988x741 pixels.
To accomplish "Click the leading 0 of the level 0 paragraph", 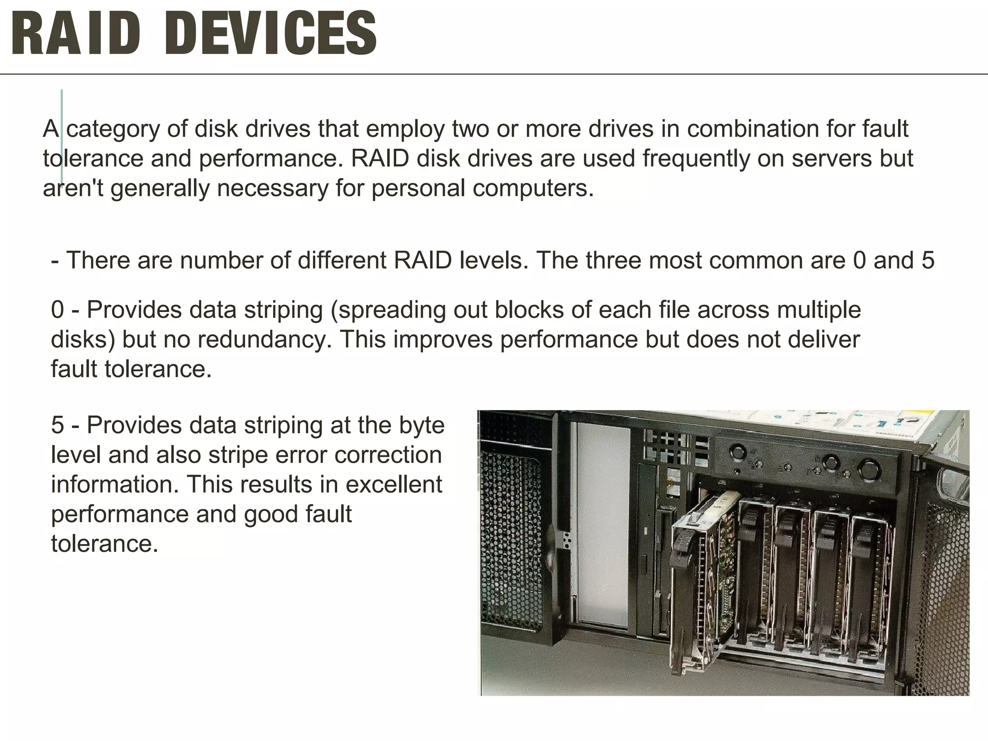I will click(x=57, y=310).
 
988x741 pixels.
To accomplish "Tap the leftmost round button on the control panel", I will click(x=738, y=453).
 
